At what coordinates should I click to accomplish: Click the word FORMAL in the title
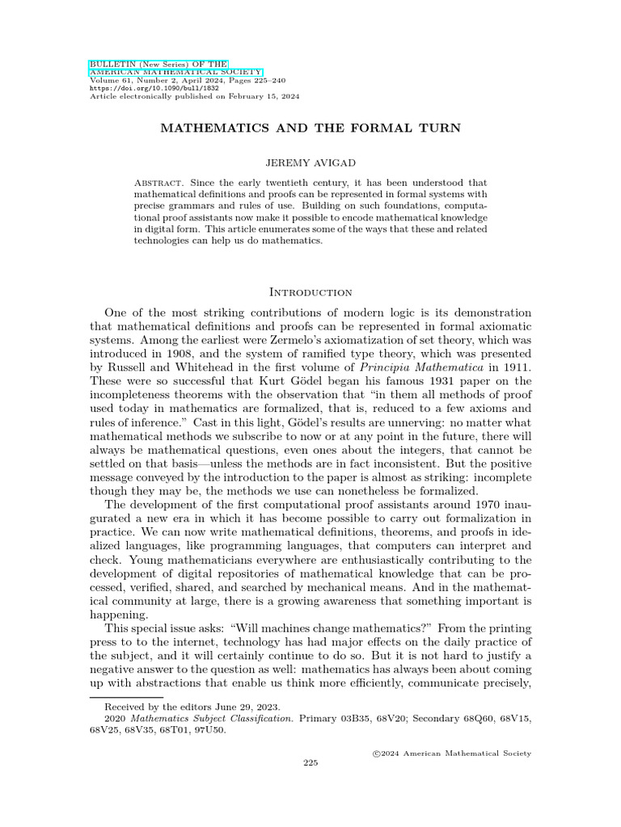pos(361,128)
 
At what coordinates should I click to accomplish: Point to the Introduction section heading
pos(310,292)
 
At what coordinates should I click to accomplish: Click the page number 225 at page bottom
pos(310,762)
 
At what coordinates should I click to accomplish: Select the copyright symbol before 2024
pos(376,753)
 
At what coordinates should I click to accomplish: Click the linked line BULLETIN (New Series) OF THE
pos(158,64)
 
